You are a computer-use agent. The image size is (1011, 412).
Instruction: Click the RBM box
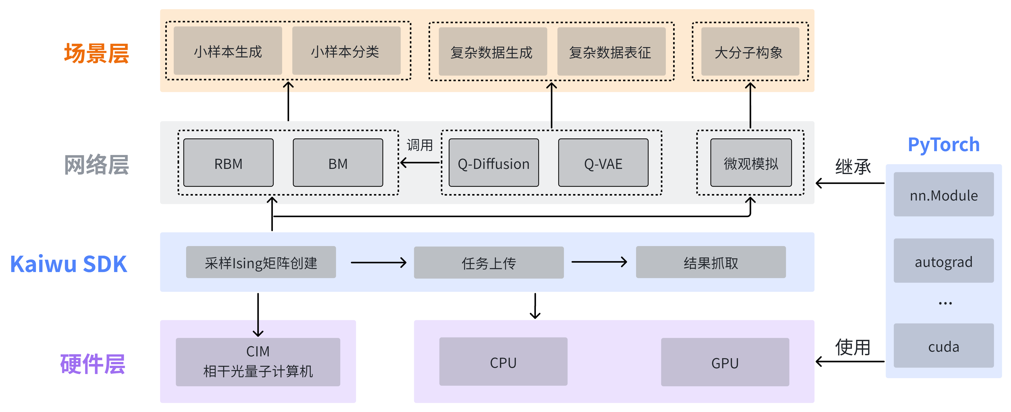(228, 163)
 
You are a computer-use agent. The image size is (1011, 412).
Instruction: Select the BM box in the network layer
(338, 163)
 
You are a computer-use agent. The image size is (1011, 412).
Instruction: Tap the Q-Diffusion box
(494, 163)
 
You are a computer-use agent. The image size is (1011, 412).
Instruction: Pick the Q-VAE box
(603, 163)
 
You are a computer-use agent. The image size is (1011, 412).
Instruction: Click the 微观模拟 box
(751, 163)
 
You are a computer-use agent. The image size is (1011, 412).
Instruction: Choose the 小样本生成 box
(228, 51)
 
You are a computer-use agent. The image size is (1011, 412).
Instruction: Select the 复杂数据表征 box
(611, 51)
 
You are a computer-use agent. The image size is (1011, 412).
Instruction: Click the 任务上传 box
(489, 262)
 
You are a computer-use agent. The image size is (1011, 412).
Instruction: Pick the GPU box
(725, 362)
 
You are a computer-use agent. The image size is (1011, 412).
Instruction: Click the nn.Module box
(944, 194)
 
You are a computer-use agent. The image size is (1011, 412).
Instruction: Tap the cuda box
(944, 346)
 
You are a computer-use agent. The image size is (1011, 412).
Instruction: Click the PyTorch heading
(944, 144)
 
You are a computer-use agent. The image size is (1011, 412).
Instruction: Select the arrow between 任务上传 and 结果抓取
(599, 262)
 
